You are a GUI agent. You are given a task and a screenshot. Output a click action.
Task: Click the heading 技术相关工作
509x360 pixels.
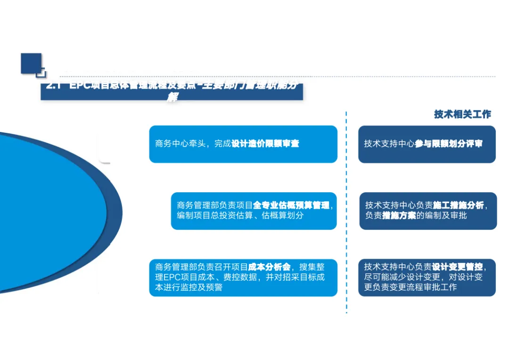(x=462, y=115)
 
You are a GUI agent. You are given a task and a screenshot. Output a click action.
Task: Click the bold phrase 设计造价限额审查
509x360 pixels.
(x=265, y=144)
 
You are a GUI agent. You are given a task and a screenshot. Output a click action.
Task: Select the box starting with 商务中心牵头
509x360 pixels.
(x=243, y=144)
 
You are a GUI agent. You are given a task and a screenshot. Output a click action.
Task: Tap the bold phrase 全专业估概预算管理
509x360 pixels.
(x=291, y=205)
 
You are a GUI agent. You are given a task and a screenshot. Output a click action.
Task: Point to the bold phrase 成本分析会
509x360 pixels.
(x=271, y=267)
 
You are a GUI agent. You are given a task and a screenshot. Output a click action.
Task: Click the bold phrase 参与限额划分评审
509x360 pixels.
(x=449, y=144)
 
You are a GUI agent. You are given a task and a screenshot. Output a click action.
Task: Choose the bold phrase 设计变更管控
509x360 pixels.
(x=457, y=267)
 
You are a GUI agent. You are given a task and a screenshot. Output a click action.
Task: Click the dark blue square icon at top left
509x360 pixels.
(x=31, y=64)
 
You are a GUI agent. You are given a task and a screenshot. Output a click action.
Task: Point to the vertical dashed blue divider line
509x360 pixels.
(x=346, y=212)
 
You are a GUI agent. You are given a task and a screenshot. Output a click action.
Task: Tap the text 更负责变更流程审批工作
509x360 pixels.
(x=410, y=287)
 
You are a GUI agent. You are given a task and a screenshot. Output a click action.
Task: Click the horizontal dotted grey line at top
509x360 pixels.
(x=330, y=76)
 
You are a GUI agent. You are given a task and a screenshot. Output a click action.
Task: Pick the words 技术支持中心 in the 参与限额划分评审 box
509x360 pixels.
(x=389, y=144)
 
